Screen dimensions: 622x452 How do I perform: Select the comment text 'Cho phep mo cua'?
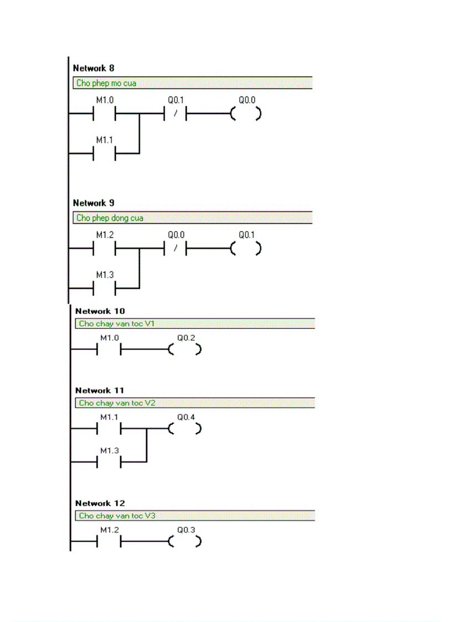click(x=106, y=84)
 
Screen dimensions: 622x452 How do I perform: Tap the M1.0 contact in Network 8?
click(x=104, y=114)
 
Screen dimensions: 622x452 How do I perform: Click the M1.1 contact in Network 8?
click(x=104, y=153)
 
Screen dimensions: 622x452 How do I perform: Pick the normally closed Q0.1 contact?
click(x=176, y=114)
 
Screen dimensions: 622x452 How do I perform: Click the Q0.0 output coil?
click(x=246, y=114)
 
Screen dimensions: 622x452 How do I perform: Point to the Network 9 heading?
click(x=94, y=203)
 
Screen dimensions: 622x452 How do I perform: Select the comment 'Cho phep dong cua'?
click(x=110, y=218)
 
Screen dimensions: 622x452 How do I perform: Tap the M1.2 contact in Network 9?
click(x=104, y=249)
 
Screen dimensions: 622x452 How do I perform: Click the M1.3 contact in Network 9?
click(x=104, y=288)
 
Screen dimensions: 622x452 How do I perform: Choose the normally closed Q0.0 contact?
click(x=176, y=249)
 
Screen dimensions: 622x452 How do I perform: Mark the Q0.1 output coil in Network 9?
click(x=246, y=249)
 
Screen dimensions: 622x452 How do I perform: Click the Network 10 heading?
click(x=100, y=311)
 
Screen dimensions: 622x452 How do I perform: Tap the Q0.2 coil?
click(x=186, y=349)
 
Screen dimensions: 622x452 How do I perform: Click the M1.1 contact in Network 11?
click(x=109, y=429)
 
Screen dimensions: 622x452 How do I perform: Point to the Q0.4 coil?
click(x=186, y=429)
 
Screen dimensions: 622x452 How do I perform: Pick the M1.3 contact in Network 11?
click(x=109, y=461)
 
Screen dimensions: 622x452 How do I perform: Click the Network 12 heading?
click(x=100, y=503)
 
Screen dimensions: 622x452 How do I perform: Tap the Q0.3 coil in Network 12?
click(x=186, y=542)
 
